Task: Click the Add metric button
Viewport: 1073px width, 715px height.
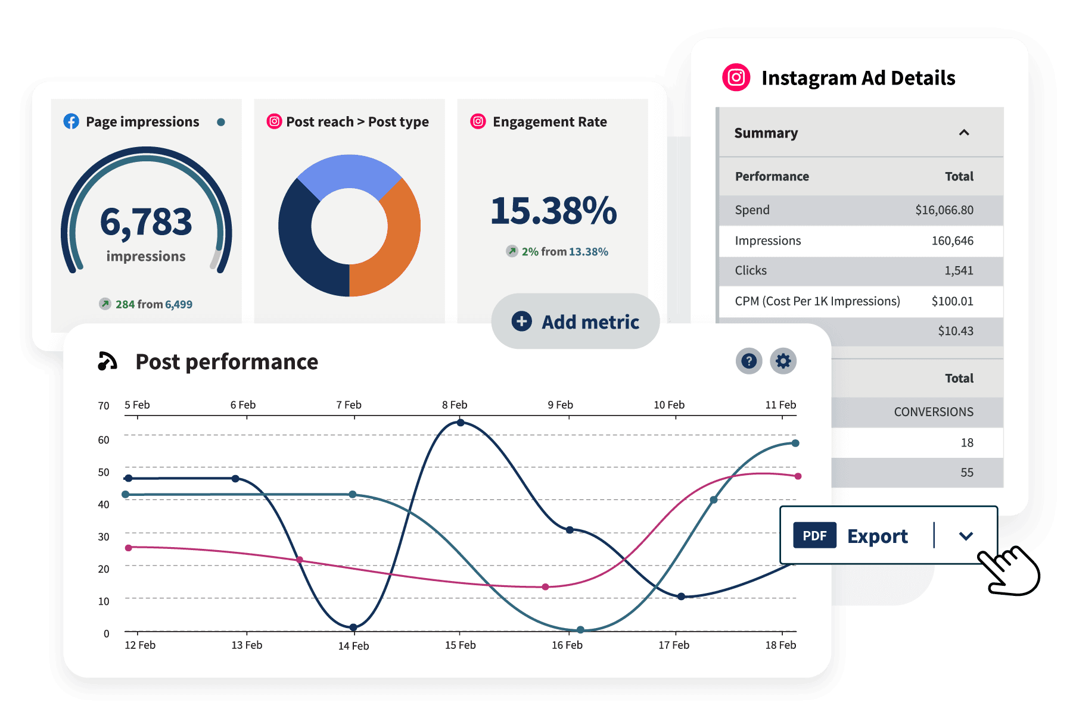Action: point(576,321)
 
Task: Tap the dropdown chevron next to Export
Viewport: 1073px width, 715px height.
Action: point(966,536)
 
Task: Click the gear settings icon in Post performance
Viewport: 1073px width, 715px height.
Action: point(783,361)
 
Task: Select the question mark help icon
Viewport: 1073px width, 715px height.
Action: point(749,361)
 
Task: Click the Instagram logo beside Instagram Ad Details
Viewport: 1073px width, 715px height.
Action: point(736,77)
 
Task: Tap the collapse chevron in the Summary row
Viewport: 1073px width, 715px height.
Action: point(964,133)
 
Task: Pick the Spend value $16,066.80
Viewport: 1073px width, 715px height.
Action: point(944,210)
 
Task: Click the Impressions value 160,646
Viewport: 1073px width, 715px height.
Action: point(952,241)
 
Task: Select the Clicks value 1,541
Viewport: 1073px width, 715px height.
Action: point(959,271)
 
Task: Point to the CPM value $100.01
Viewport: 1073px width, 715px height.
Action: point(952,301)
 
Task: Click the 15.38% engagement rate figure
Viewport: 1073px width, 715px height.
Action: point(553,211)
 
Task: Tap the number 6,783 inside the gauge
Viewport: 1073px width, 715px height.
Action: point(146,222)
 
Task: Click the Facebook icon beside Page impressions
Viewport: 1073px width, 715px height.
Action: point(71,121)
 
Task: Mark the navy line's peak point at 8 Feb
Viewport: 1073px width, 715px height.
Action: point(461,423)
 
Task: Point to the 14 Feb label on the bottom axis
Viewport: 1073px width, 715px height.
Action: point(353,646)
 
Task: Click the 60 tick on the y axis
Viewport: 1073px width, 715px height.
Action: point(104,440)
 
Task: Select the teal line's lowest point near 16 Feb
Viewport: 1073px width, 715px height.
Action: point(580,630)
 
